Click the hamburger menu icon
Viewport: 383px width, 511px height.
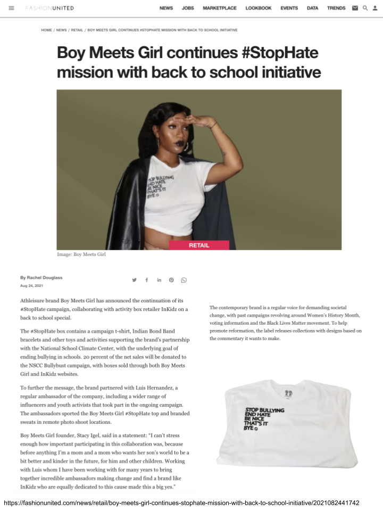tap(12, 8)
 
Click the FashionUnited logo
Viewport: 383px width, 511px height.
tap(49, 8)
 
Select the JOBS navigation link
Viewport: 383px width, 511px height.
tap(188, 8)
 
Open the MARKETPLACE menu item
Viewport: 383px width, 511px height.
tap(220, 8)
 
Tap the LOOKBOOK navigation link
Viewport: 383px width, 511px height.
tap(259, 8)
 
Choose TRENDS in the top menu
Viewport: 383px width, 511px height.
tap(336, 8)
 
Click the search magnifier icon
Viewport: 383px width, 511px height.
tap(365, 8)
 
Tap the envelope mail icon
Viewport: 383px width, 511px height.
tap(355, 8)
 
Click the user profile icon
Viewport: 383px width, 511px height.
tap(374, 8)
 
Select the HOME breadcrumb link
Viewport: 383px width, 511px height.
tap(46, 30)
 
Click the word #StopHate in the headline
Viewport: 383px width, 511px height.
tap(276, 53)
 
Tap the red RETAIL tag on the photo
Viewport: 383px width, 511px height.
tap(199, 245)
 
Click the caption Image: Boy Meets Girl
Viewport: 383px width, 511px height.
tap(81, 254)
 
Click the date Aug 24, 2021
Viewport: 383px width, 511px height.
tap(31, 286)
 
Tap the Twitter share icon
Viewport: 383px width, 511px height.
tap(135, 280)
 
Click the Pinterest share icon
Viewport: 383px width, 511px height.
tap(171, 280)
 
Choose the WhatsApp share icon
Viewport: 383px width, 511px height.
tap(184, 280)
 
